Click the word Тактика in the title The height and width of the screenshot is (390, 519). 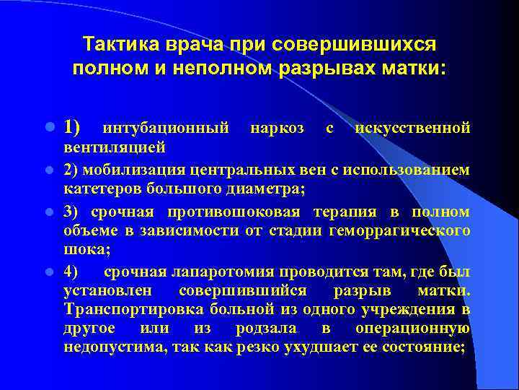(117, 45)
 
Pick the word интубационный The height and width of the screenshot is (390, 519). (167, 129)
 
